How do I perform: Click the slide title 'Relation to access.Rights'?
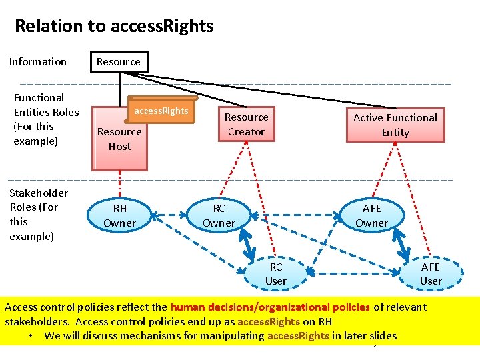[114, 26]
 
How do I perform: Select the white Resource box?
[119, 62]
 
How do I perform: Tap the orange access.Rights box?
[161, 111]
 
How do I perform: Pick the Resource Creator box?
[246, 125]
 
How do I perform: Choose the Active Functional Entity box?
[395, 125]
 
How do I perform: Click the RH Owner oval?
[119, 215]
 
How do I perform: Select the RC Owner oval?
[219, 215]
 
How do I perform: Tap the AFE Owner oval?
[371, 215]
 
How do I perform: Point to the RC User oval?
[275, 273]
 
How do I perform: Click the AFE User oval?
[430, 273]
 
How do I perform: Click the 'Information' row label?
[38, 62]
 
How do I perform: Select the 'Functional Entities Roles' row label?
[46, 119]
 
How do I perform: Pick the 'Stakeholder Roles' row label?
[39, 214]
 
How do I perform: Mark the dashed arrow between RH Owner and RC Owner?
[169, 215]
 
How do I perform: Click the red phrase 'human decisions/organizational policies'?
[270, 307]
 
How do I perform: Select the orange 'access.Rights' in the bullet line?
[298, 336]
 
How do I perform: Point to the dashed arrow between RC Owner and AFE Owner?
[295, 215]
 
